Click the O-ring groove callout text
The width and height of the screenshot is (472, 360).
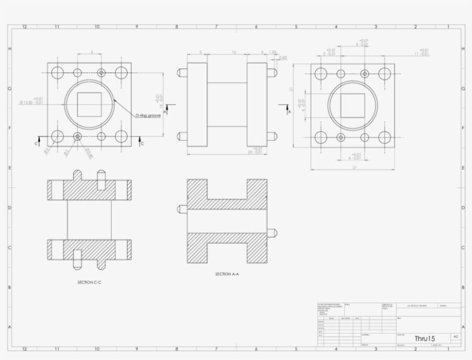tap(148, 116)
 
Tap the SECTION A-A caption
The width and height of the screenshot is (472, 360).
tap(227, 274)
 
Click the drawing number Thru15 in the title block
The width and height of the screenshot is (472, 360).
tap(425, 338)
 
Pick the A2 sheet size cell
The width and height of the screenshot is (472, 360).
tap(455, 336)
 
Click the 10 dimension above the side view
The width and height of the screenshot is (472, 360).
tap(234, 52)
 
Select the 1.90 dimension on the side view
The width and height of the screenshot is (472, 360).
tap(273, 52)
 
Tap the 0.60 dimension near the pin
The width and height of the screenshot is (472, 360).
tap(283, 58)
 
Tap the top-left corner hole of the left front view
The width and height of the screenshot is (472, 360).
tap(57, 72)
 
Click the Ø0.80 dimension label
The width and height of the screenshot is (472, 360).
tap(89, 152)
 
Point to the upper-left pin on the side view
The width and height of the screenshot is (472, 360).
tap(182, 74)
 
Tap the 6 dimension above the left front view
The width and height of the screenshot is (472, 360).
tap(91, 52)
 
